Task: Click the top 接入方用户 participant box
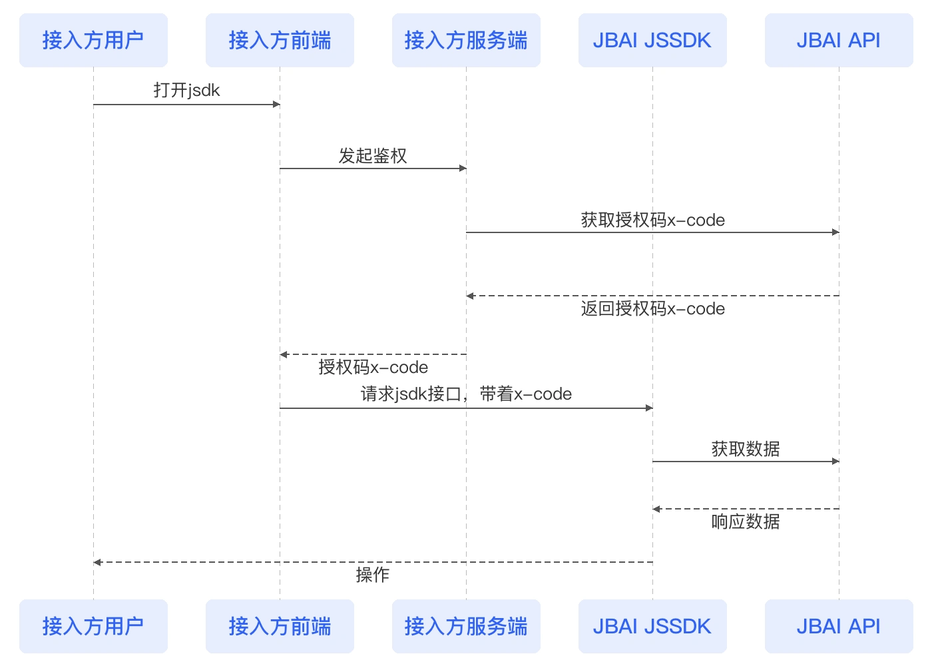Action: coord(93,41)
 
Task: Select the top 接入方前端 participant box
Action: coord(280,41)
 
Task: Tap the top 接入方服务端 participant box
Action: coord(466,41)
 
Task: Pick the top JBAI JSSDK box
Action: coord(652,41)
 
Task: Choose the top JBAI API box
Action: coord(839,41)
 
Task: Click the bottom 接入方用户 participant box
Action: coord(93,626)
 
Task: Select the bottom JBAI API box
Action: coord(839,626)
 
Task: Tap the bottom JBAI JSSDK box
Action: coord(652,626)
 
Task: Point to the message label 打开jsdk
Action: coord(186,91)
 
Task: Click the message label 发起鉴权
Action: coord(373,156)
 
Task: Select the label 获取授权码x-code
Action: coord(652,220)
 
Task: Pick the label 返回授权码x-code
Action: coord(652,309)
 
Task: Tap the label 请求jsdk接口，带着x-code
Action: coord(466,394)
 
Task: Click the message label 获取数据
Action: coord(746,449)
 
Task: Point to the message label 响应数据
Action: coord(746,521)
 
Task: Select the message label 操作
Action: coord(373,575)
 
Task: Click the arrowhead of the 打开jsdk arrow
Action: coord(276,105)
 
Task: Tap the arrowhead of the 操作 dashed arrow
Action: coord(97,562)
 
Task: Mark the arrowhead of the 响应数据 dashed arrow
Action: coord(656,509)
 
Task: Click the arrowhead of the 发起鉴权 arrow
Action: coord(463,168)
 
